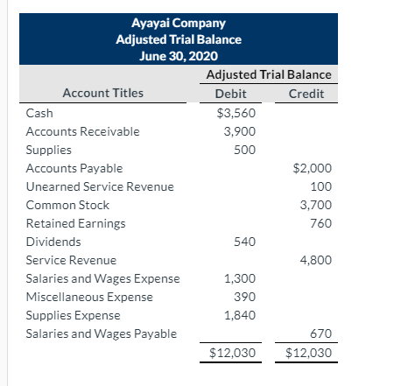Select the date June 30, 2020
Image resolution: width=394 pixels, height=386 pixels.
[179, 56]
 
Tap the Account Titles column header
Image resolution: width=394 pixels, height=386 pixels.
[102, 94]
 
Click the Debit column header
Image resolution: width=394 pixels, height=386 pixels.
[230, 94]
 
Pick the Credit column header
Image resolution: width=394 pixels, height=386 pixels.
[306, 94]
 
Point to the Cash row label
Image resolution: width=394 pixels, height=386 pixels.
[39, 113]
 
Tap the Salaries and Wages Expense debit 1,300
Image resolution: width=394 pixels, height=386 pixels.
[241, 278]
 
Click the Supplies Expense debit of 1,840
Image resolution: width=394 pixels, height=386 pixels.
[241, 315]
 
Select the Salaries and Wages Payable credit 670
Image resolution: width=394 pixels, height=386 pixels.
[322, 333]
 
